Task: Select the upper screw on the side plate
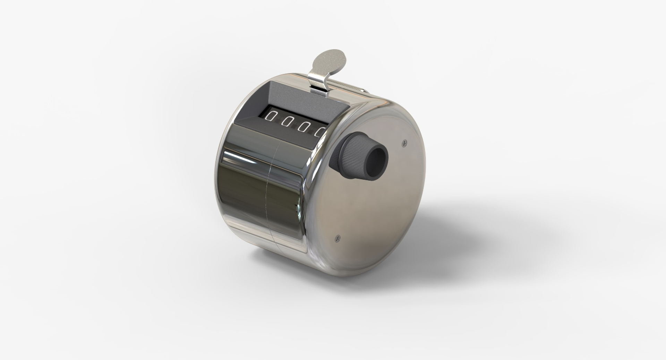click(404, 143)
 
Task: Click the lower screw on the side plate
click(338, 238)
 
